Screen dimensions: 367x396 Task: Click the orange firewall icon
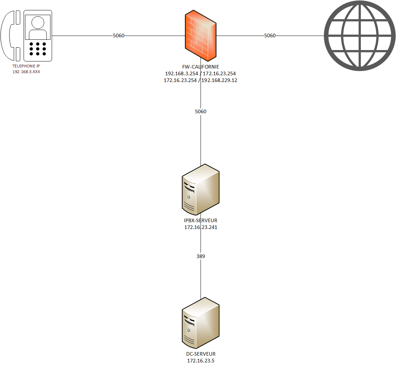[x=201, y=35]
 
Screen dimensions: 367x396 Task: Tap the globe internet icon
[x=359, y=35]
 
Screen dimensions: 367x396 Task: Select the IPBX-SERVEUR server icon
[x=201, y=190]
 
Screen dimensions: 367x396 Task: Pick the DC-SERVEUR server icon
[x=201, y=323]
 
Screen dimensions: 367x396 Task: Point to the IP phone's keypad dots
[x=38, y=49]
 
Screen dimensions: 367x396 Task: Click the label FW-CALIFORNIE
[x=201, y=67]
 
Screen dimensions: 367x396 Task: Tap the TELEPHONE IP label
[x=26, y=66]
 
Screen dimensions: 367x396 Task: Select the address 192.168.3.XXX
[x=26, y=71]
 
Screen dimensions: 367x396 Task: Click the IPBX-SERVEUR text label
[x=201, y=220]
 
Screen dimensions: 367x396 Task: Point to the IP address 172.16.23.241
[x=201, y=227]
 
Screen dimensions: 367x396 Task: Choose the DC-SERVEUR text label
[x=201, y=354]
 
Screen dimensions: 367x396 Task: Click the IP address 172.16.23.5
[x=201, y=361]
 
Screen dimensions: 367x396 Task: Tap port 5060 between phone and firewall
[x=119, y=35]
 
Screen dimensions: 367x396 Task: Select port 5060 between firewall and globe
[x=270, y=35]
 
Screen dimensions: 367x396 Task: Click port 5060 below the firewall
[x=201, y=111]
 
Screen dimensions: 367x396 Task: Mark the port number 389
[x=201, y=256]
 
